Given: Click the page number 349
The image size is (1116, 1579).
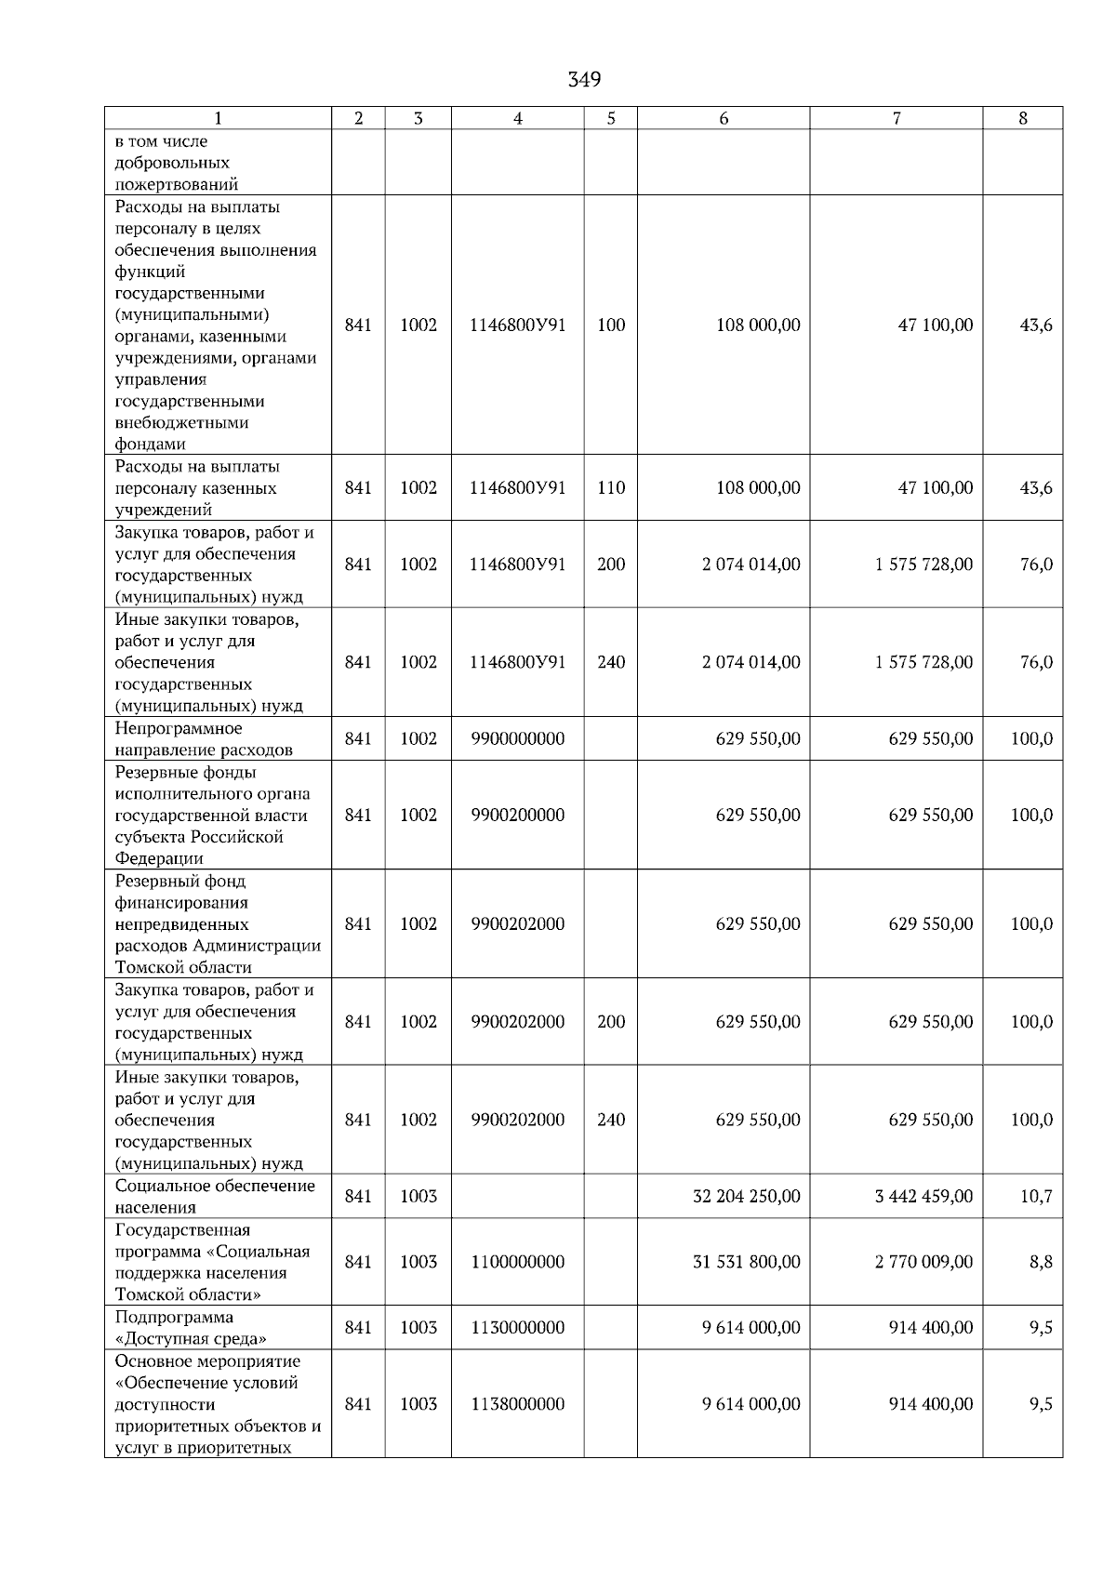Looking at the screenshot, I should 584,79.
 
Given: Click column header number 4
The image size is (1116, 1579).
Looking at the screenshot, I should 518,118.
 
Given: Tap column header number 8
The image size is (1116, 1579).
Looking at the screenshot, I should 1023,118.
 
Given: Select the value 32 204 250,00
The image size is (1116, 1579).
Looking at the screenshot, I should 746,1196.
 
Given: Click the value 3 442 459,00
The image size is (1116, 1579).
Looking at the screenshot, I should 923,1196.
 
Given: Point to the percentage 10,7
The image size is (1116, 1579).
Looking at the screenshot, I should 1036,1196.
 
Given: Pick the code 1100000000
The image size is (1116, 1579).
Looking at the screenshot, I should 517,1262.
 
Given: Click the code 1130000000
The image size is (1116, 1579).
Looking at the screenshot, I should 517,1327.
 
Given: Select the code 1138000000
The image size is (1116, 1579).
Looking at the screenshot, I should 517,1403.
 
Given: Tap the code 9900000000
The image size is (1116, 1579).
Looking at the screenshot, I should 517,738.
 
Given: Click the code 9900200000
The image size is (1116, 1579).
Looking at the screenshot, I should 517,815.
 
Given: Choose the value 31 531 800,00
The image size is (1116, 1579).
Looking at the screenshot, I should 746,1262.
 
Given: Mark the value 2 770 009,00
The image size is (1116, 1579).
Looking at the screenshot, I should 923,1262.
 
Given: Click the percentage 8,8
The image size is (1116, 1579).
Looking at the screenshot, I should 1041,1262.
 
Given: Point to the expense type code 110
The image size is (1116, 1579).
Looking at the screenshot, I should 611,487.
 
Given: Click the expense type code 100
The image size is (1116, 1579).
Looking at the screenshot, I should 611,325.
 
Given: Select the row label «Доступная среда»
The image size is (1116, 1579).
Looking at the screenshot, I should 191,1338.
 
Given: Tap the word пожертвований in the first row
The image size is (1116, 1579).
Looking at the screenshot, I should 176,184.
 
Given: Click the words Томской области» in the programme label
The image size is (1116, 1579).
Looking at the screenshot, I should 188,1294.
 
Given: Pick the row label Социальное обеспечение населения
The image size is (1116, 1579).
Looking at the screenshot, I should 214,1196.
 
